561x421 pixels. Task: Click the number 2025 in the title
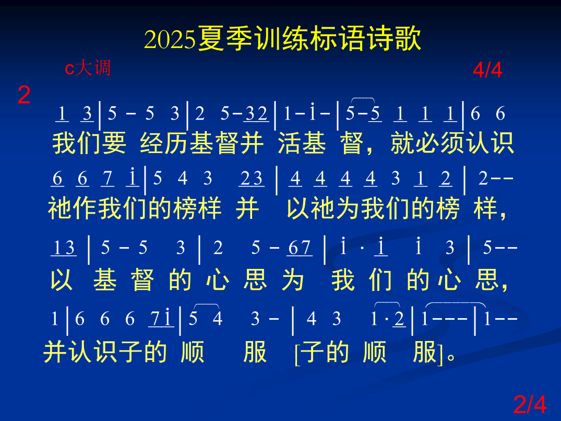(170, 40)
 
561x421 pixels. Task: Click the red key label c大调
(87, 68)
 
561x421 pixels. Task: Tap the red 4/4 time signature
(487, 69)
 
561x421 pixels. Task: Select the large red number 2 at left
(24, 96)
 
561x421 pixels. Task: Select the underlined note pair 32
(256, 114)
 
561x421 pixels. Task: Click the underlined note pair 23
(251, 179)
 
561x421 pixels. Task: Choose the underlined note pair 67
(300, 248)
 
